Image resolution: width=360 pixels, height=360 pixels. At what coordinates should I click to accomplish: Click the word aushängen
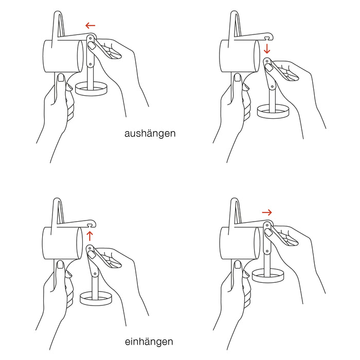tap(150, 134)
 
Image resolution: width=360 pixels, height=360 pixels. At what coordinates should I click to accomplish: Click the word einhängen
tap(149, 342)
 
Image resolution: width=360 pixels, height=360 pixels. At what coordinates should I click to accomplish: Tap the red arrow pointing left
tap(90, 26)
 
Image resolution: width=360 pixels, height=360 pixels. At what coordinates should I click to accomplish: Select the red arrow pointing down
tap(267, 49)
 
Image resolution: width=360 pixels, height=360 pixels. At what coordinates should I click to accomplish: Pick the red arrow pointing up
tap(90, 236)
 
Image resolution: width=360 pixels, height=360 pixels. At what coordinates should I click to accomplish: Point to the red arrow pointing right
tap(267, 212)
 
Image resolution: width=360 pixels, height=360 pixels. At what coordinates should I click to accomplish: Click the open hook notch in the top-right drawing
tap(266, 37)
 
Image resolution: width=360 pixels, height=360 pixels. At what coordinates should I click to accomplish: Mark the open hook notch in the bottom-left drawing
tap(90, 224)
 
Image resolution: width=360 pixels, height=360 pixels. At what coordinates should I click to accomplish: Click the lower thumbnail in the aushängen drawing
tap(61, 78)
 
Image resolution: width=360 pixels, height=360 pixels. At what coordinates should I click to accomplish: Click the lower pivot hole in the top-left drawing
tap(91, 64)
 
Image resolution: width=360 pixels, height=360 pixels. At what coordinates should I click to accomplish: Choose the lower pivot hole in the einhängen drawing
tap(95, 274)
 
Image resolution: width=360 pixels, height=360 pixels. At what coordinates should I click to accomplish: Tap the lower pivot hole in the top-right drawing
tap(273, 87)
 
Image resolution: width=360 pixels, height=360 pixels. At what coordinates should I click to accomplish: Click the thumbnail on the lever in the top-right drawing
tap(268, 68)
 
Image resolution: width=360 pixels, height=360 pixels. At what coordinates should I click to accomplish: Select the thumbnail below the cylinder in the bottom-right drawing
tap(238, 265)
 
